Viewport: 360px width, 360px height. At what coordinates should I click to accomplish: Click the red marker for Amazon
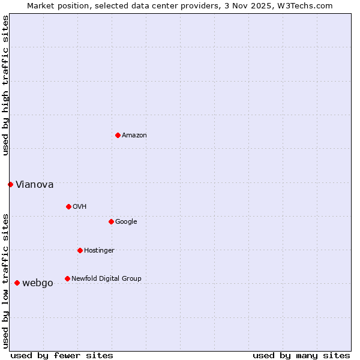(x=118, y=135)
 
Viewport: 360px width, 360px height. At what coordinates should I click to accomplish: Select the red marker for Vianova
(x=10, y=184)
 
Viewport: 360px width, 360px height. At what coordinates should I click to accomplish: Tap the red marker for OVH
(x=68, y=206)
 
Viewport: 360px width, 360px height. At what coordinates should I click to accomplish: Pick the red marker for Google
(x=111, y=221)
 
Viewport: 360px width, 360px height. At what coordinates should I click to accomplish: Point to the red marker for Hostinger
(x=80, y=250)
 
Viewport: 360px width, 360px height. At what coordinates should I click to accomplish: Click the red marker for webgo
(x=17, y=283)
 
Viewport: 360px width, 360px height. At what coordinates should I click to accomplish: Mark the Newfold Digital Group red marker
(x=67, y=278)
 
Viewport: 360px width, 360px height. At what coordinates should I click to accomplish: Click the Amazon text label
(x=134, y=136)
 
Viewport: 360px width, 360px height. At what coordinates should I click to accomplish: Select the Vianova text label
(x=34, y=185)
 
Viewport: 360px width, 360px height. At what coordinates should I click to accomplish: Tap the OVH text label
(x=79, y=207)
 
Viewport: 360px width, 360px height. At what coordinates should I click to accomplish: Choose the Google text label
(x=126, y=222)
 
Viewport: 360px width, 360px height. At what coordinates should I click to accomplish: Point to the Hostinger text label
(x=99, y=251)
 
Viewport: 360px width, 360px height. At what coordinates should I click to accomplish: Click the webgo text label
(x=37, y=283)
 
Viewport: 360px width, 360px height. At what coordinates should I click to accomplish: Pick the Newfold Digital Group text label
(x=106, y=279)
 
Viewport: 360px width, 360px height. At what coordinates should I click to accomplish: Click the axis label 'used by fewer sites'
(x=62, y=355)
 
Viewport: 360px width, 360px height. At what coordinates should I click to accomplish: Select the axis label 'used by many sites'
(x=301, y=355)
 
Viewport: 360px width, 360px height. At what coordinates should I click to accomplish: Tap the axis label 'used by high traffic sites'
(x=5, y=85)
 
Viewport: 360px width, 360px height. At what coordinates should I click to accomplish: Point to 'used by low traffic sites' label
(x=5, y=280)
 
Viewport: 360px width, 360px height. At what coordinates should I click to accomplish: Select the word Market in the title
(x=41, y=5)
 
